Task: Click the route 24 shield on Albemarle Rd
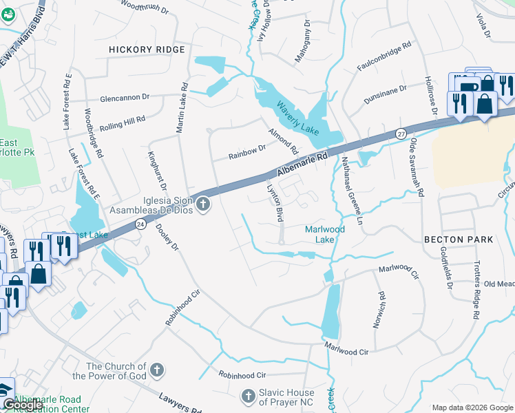point(140,224)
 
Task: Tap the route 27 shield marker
point(401,133)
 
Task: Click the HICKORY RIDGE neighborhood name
point(147,50)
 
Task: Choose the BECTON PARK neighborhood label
point(459,240)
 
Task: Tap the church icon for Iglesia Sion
point(202,204)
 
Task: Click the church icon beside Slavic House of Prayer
point(249,396)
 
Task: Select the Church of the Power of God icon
point(156,371)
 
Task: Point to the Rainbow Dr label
point(247,151)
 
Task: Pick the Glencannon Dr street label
point(124,98)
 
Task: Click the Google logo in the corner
point(23,405)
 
